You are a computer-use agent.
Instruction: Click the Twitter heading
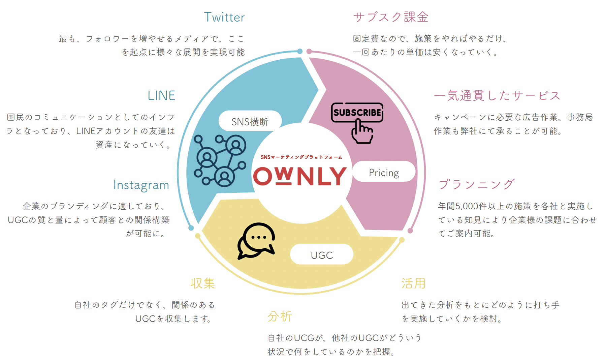[x=224, y=17]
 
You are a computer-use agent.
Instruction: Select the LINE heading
[x=161, y=96]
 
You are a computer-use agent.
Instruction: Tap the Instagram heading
[x=141, y=185]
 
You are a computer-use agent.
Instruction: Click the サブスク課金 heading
[x=391, y=17]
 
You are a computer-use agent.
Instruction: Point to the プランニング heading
[x=476, y=184]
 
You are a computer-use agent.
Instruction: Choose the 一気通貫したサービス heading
[x=497, y=96]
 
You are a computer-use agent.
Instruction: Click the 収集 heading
[x=203, y=283]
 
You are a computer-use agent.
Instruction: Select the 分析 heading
[x=280, y=317]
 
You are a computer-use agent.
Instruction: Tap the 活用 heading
[x=413, y=283]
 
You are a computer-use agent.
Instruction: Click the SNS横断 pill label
[x=250, y=121]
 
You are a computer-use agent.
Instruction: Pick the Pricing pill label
[x=384, y=173]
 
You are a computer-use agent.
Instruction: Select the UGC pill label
[x=322, y=255]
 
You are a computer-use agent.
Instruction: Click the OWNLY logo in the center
[x=300, y=176]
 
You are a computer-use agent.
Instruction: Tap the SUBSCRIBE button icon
[x=357, y=112]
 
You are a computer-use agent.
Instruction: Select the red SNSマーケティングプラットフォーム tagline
[x=301, y=157]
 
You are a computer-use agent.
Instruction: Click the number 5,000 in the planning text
[x=467, y=206]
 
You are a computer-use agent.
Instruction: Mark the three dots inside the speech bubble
[x=259, y=237]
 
